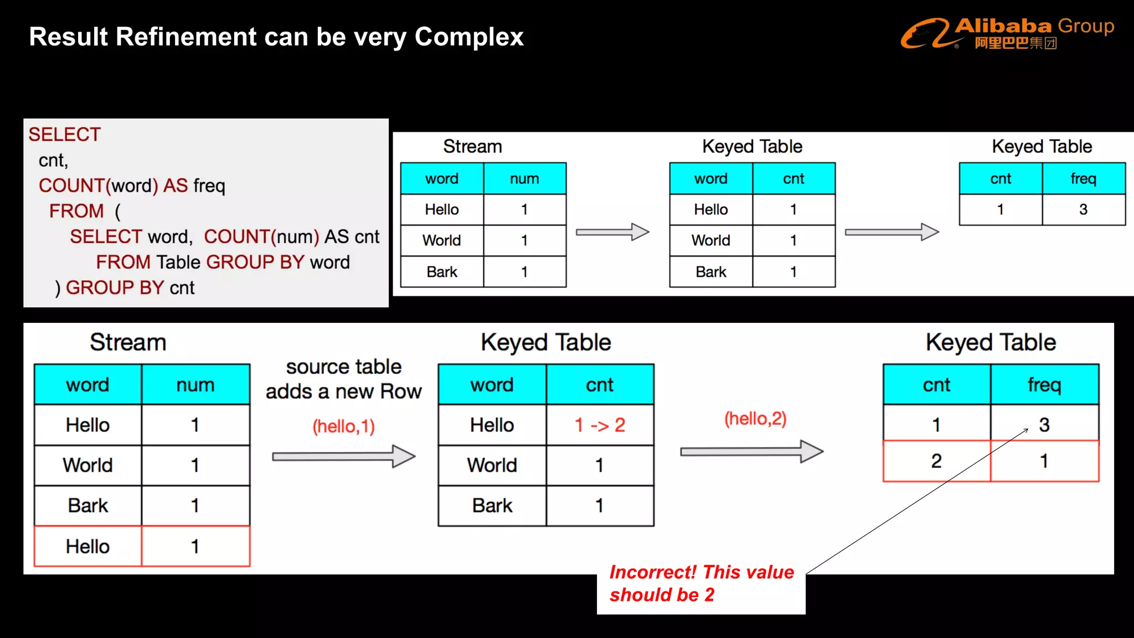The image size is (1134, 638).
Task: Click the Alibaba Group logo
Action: (1007, 33)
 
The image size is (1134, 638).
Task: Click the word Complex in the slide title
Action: (468, 37)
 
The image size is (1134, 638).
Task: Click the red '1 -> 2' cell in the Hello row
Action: (600, 425)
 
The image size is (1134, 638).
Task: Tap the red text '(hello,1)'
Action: (343, 426)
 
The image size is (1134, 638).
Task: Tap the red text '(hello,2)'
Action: (755, 418)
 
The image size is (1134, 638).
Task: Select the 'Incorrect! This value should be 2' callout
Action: (701, 583)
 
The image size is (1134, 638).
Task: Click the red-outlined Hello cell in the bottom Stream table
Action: (87, 546)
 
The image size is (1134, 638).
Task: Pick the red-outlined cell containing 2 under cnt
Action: (936, 461)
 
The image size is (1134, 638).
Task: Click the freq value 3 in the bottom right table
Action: (1044, 424)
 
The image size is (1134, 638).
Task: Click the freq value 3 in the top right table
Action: (1083, 209)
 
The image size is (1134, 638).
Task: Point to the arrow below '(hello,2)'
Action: (751, 451)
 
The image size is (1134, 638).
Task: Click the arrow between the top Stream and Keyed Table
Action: (612, 232)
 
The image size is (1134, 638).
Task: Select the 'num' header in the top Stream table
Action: (524, 178)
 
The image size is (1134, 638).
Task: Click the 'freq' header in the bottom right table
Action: (1044, 384)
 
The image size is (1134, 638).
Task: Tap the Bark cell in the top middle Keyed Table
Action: (711, 271)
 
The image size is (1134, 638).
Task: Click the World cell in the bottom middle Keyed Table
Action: (492, 465)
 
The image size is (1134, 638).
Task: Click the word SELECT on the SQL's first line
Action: (65, 135)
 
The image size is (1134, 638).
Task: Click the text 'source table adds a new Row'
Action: (343, 379)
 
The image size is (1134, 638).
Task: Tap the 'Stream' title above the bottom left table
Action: (128, 342)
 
